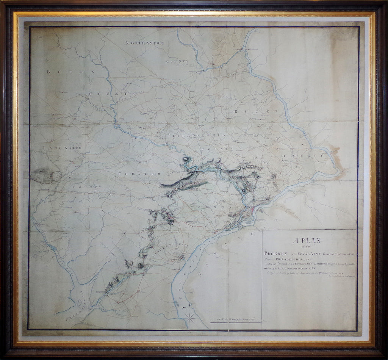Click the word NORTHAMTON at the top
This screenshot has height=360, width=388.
(x=144, y=43)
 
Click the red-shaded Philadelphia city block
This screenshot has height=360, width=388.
(x=251, y=209)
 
